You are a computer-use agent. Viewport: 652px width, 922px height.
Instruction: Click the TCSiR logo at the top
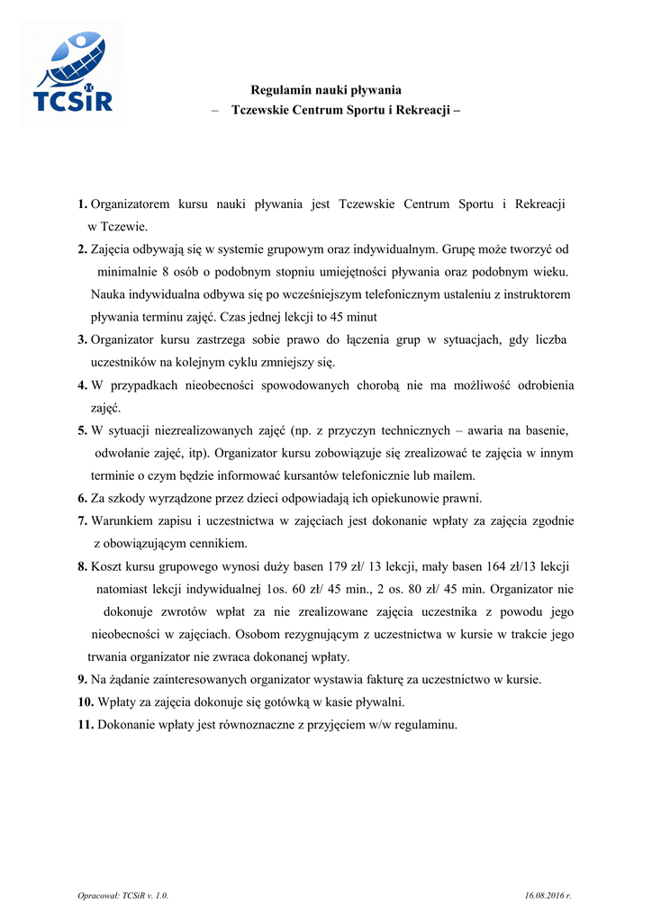tap(72, 73)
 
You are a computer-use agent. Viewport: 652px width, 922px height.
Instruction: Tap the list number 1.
tap(82, 204)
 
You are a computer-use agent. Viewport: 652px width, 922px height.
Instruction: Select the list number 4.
tap(82, 385)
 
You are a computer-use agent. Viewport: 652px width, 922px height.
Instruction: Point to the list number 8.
tap(82, 566)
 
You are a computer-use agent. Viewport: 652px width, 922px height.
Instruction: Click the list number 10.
tap(86, 701)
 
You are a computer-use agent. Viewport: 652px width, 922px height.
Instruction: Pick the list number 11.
tap(86, 724)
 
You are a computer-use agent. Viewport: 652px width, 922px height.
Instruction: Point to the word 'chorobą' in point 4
tap(385, 385)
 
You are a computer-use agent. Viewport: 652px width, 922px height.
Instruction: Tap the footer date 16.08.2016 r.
tap(548, 896)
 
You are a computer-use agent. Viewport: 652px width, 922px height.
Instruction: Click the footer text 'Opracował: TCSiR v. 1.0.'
tap(123, 896)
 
